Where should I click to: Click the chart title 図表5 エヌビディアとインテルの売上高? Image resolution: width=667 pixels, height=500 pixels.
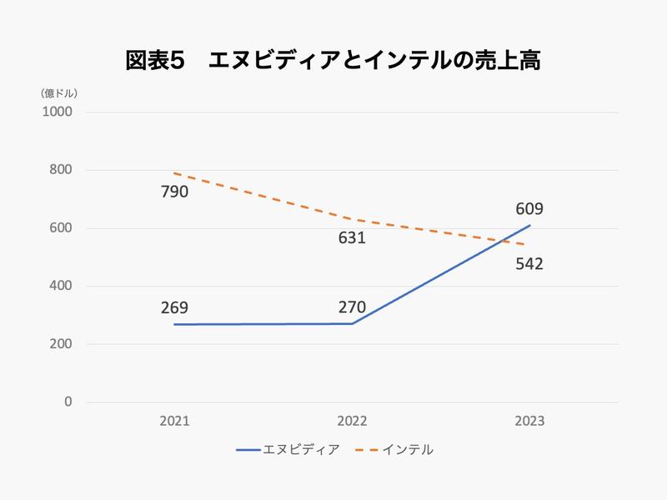pos(333,62)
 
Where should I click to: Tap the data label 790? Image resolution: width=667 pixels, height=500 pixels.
pos(175,192)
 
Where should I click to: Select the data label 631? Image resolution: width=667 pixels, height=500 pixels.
pos(352,238)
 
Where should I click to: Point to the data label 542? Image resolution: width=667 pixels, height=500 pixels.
pos(529,264)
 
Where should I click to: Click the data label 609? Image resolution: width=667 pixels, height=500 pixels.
pos(529,209)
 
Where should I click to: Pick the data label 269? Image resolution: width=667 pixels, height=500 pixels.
pos(175,307)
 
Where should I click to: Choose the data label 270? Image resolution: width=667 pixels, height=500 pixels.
pos(352,307)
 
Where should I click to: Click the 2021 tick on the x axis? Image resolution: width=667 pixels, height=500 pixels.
pos(175,422)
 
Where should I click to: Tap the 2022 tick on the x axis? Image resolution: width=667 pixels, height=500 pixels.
pos(352,422)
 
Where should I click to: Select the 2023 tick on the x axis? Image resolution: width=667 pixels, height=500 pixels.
pos(529,422)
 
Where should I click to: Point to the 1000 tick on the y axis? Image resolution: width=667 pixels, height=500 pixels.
pos(58,112)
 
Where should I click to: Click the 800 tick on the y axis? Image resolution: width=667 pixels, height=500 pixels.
pos(61,170)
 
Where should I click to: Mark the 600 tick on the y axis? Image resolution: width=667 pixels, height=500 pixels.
pos(61,228)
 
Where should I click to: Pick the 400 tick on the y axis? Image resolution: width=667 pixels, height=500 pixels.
pos(61,287)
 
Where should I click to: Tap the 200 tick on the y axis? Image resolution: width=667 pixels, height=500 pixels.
pos(61,344)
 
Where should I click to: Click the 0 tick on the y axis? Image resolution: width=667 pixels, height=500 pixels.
pos(68,402)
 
